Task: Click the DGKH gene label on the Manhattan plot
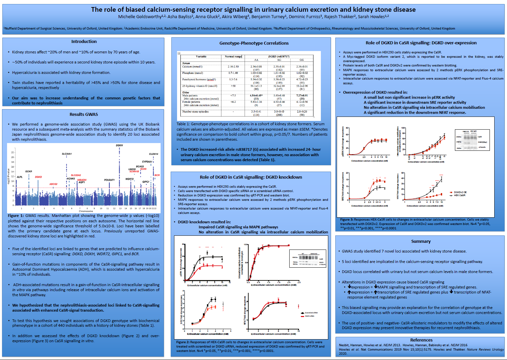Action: (x=119, y=145)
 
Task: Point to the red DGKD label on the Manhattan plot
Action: (x=38, y=177)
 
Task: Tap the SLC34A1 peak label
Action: (x=67, y=154)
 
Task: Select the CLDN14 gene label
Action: (x=154, y=154)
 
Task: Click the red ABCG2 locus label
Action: (x=53, y=184)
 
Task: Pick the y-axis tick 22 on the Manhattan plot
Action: (x=13, y=152)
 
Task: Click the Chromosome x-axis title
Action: (x=86, y=211)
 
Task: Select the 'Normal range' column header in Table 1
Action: (x=233, y=56)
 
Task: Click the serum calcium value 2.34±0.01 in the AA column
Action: (x=256, y=66)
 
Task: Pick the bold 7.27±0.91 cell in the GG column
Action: (x=302, y=95)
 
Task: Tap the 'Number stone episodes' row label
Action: (x=195, y=111)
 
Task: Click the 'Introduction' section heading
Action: (x=84, y=42)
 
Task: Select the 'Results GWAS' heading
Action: (x=84, y=115)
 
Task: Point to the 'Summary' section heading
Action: (x=421, y=241)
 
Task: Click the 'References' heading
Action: (x=421, y=340)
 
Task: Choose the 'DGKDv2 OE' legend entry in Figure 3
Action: (x=460, y=192)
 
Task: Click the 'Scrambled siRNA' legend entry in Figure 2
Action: (x=311, y=313)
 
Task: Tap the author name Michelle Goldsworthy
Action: (x=140, y=17)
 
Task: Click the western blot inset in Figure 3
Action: (x=472, y=140)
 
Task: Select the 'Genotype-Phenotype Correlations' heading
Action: (x=254, y=43)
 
